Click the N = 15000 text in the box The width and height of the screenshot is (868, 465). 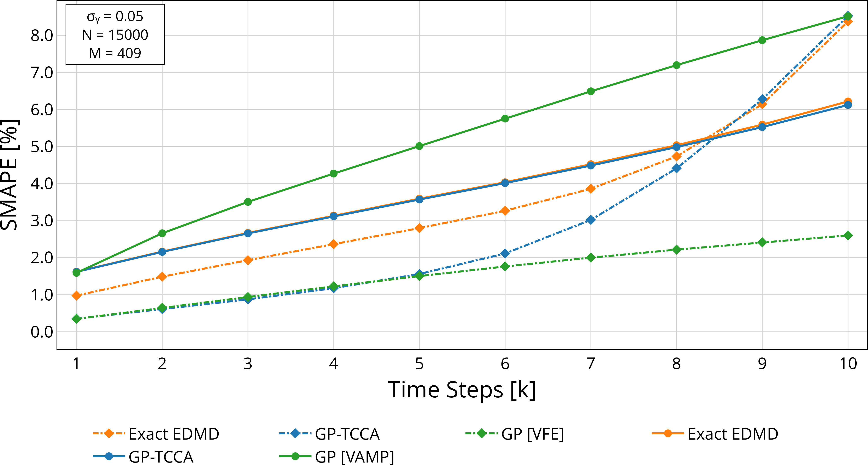pyautogui.click(x=115, y=35)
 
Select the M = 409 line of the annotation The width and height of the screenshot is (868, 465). pyautogui.click(x=115, y=53)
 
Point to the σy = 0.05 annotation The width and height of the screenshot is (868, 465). pyautogui.click(x=115, y=17)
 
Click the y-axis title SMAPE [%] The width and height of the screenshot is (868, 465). pyautogui.click(x=10, y=175)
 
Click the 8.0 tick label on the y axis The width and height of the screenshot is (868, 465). pyautogui.click(x=42, y=35)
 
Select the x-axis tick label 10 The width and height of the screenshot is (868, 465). pyautogui.click(x=848, y=364)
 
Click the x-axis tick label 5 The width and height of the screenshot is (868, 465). pyautogui.click(x=419, y=364)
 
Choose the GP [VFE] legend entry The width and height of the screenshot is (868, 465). pyautogui.click(x=515, y=434)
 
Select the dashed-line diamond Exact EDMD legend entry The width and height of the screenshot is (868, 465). pyautogui.click(x=156, y=434)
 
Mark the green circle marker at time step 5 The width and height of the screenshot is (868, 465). pyautogui.click(x=419, y=146)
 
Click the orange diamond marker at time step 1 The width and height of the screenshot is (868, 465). pyautogui.click(x=76, y=296)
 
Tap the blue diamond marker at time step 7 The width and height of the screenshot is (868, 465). pyautogui.click(x=590, y=220)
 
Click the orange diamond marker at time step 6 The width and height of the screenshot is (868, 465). pyautogui.click(x=505, y=211)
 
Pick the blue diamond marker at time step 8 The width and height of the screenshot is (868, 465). pyautogui.click(x=676, y=168)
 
